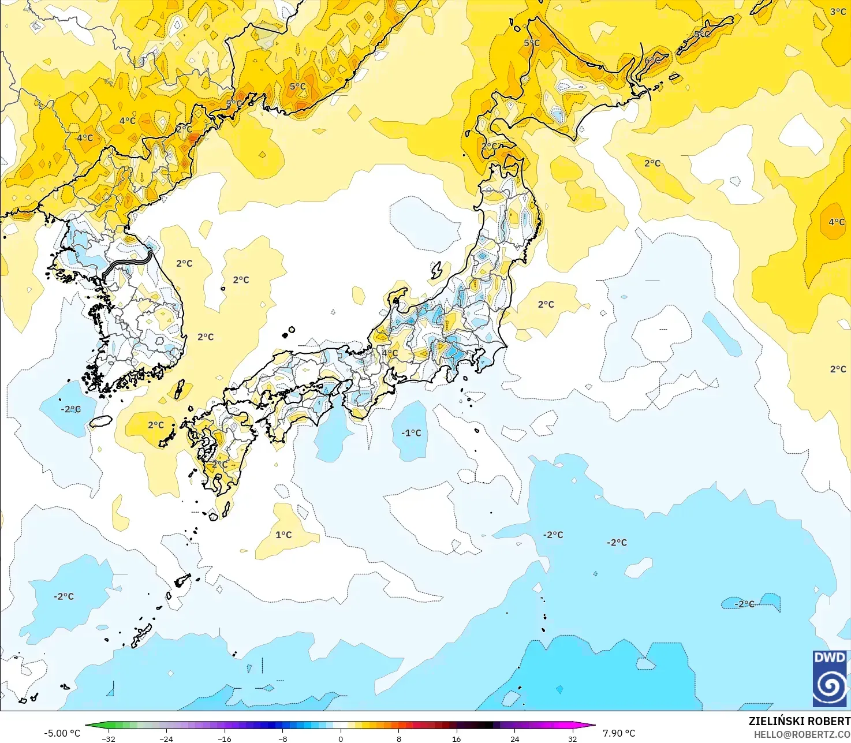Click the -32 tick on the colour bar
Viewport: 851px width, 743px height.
coord(109,738)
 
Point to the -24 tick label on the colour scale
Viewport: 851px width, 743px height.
coord(166,738)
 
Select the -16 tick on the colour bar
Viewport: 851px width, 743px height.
coord(225,738)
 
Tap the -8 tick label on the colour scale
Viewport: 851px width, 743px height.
coord(282,738)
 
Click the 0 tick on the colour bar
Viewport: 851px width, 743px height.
coord(341,738)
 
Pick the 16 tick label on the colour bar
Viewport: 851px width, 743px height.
coord(457,738)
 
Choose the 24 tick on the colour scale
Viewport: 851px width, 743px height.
coord(514,738)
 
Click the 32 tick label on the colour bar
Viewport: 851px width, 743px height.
coord(572,738)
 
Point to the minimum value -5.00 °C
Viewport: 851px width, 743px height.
coord(62,733)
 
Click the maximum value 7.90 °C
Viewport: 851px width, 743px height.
coord(619,733)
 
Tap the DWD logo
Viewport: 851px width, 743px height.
coord(830,678)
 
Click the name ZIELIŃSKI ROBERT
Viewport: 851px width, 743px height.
coord(800,721)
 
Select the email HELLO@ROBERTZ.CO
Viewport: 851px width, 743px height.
coord(802,734)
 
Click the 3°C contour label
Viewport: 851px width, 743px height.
coord(838,12)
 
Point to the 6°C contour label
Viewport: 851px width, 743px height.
coord(652,61)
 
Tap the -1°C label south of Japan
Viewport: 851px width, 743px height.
coord(411,433)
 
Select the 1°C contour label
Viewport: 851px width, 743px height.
coord(283,535)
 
